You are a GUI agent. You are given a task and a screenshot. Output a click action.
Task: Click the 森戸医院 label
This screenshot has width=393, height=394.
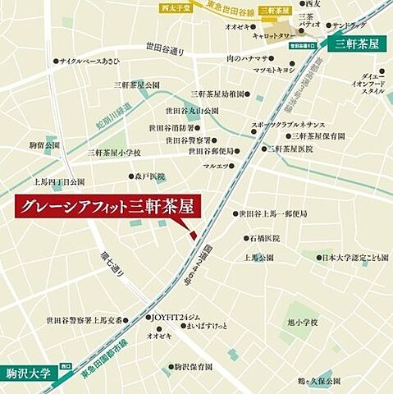point(150,176)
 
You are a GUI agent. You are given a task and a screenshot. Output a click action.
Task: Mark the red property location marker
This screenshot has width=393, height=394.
point(194,236)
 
